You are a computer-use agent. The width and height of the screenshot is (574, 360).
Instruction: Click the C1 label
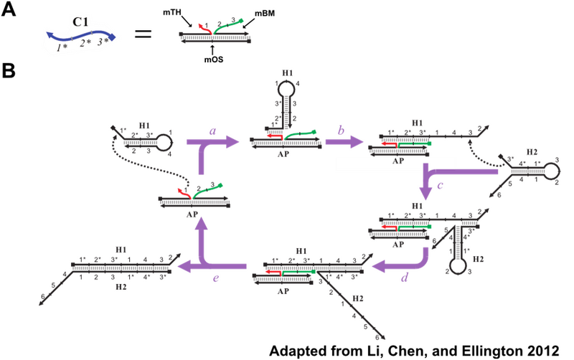[x=80, y=22]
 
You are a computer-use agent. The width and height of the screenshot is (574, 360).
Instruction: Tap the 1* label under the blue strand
[x=62, y=47]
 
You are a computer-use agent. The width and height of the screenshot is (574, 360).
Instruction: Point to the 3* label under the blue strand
[x=105, y=42]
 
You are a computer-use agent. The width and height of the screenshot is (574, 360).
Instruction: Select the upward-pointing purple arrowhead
[x=203, y=220]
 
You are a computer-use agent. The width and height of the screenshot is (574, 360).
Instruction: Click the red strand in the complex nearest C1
[x=203, y=27]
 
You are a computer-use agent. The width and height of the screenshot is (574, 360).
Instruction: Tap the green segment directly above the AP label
[x=415, y=143]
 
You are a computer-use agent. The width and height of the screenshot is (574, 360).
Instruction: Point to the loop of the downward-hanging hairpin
[x=454, y=267]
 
